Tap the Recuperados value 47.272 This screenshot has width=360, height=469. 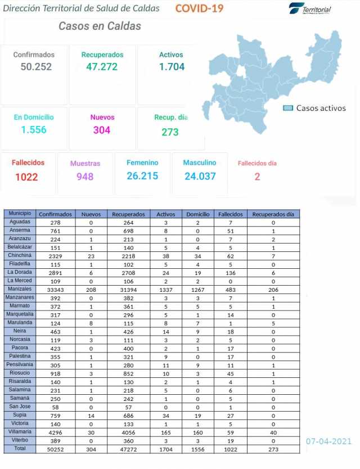tap(102, 66)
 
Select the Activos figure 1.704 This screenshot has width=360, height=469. tap(172, 66)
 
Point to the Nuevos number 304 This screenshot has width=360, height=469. tap(102, 130)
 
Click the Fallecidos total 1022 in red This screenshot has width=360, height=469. tap(27, 177)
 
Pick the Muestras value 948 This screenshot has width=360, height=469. tap(85, 177)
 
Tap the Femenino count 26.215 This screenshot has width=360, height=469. tap(142, 176)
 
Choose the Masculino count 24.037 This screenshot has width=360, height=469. tap(200, 176)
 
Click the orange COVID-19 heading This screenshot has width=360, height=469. tap(199, 8)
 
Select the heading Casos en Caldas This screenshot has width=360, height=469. tap(100, 26)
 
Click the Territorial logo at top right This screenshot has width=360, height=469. tap(310, 8)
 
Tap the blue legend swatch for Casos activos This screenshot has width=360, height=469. tap(288, 108)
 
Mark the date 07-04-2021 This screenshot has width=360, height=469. tap(328, 441)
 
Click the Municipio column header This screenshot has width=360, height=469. tap(20, 214)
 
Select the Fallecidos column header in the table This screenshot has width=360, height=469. tap(229, 214)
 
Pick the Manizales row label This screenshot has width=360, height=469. tap(20, 289)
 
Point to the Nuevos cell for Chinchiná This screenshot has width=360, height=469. tap(91, 256)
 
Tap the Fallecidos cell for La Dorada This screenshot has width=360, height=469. tap(229, 273)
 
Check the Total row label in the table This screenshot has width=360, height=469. tap(20, 449)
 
